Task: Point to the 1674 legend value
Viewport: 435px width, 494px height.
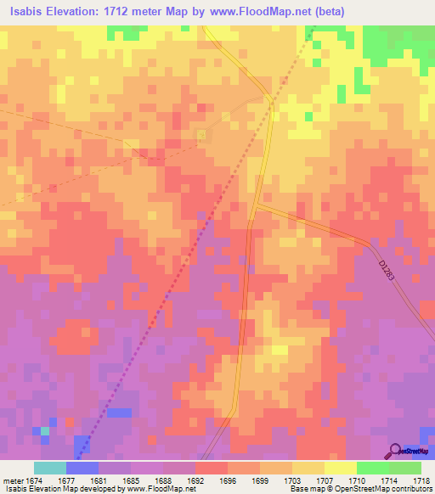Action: click(x=36, y=478)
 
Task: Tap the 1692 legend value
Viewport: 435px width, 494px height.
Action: click(x=195, y=478)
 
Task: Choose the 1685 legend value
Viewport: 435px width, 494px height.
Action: click(x=131, y=478)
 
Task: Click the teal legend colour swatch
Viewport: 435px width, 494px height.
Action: click(x=50, y=467)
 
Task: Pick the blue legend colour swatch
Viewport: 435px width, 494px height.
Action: click(x=82, y=467)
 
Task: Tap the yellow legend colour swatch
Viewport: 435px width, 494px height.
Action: click(x=341, y=467)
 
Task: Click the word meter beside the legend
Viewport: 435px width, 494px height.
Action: click(x=12, y=478)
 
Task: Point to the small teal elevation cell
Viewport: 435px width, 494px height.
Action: click(x=44, y=431)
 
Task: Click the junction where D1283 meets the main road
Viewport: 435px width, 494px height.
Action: click(x=254, y=205)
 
